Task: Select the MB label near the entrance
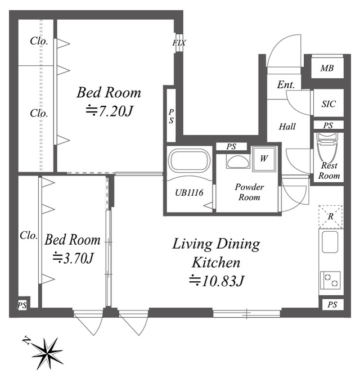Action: tap(327, 68)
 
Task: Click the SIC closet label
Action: tap(328, 103)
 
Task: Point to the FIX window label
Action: tap(179, 43)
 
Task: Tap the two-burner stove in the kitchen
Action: tap(330, 280)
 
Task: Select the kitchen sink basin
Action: tap(330, 242)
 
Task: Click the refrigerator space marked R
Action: tap(331, 217)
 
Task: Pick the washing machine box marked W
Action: tap(264, 159)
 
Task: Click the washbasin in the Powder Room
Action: tap(237, 162)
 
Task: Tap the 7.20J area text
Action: tap(110, 111)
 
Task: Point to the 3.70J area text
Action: tap(73, 258)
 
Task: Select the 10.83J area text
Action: tap(217, 281)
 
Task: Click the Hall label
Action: tap(287, 127)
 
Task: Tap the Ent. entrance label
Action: tap(286, 84)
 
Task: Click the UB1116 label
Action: tap(189, 192)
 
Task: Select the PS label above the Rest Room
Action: tap(328, 125)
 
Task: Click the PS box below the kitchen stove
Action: tap(332, 304)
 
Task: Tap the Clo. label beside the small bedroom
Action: tap(29, 236)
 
